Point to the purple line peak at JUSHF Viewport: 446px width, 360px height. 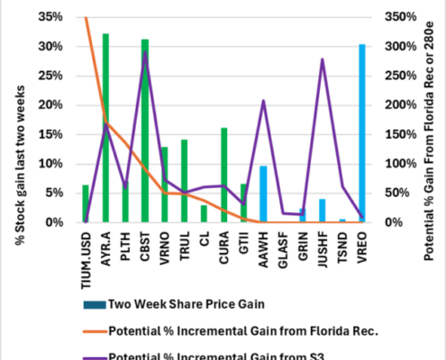click(323, 59)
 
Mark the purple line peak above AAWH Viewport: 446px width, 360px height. click(263, 101)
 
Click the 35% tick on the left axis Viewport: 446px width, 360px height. click(50, 17)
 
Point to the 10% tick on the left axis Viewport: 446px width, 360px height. click(50, 164)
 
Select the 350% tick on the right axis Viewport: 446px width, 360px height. click(396, 17)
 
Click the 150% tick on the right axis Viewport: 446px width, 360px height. click(396, 134)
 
